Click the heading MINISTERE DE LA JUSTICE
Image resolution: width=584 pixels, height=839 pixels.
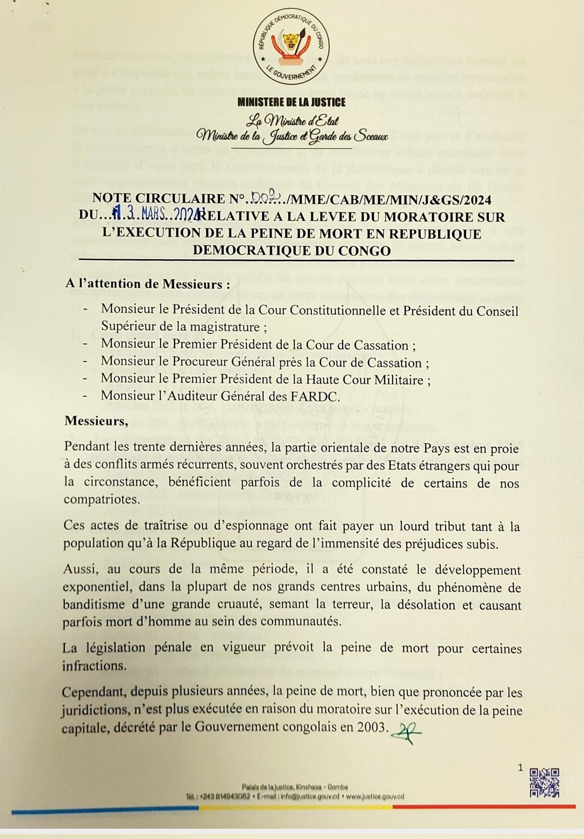click(x=291, y=102)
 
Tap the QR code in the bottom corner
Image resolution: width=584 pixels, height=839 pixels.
click(x=543, y=783)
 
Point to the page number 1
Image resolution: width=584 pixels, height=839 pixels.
click(x=520, y=767)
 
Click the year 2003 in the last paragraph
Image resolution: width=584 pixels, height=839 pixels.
click(x=371, y=726)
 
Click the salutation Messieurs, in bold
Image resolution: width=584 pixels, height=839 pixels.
click(x=97, y=421)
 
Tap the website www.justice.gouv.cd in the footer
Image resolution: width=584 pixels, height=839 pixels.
click(x=374, y=796)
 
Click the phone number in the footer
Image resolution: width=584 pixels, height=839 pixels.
click(x=225, y=796)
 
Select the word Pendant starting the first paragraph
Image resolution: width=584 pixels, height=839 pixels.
click(x=88, y=448)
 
